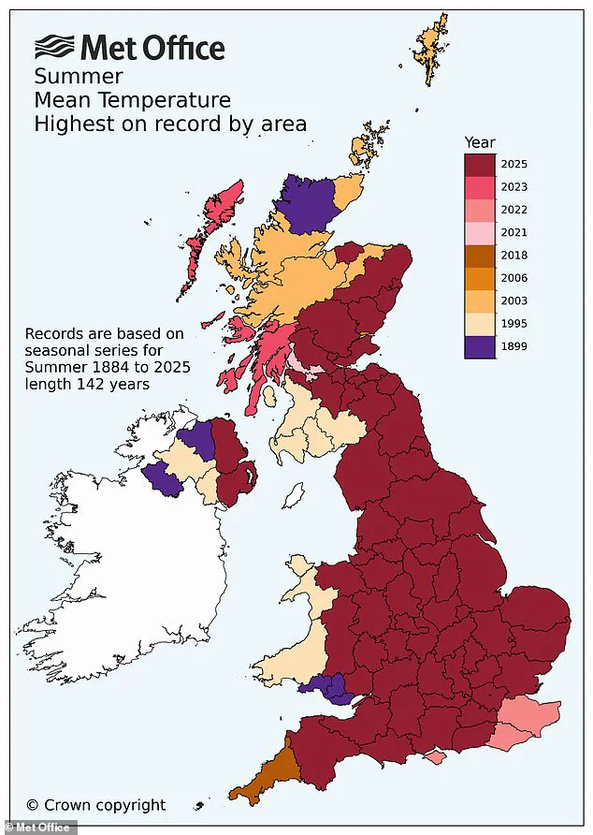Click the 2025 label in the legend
[x=513, y=164]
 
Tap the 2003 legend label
[x=513, y=300]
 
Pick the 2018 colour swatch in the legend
[x=481, y=255]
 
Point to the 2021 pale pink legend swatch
[x=481, y=232]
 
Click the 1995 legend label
[x=513, y=323]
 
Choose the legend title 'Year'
[x=480, y=142]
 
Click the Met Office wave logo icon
[x=55, y=46]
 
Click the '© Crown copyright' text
[x=95, y=804]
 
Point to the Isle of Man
[x=294, y=492]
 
